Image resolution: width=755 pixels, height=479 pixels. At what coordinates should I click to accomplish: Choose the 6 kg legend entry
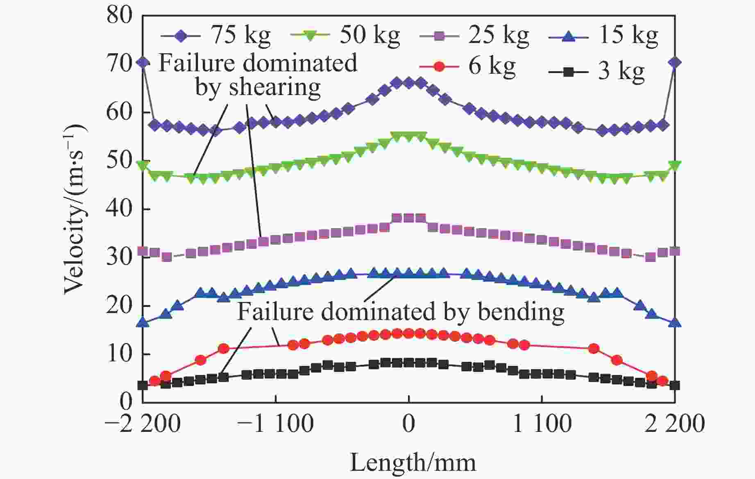467,66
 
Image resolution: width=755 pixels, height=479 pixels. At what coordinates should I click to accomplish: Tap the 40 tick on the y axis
120,209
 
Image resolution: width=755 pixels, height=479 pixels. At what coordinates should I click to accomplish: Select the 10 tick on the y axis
120,354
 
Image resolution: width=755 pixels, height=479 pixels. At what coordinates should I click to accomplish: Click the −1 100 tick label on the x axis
275,423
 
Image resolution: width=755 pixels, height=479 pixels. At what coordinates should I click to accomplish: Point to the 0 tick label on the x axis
408,423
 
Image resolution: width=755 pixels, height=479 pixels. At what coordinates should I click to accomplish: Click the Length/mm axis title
413,463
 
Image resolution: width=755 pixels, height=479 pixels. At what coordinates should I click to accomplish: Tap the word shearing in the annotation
274,87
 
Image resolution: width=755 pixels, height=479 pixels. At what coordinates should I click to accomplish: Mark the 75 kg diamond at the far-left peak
143,63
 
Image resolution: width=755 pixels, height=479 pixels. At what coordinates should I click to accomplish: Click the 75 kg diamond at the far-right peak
675,63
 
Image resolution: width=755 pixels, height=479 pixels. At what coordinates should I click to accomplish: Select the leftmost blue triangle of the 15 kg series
143,322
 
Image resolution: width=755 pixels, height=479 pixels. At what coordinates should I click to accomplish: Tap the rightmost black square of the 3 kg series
675,385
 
